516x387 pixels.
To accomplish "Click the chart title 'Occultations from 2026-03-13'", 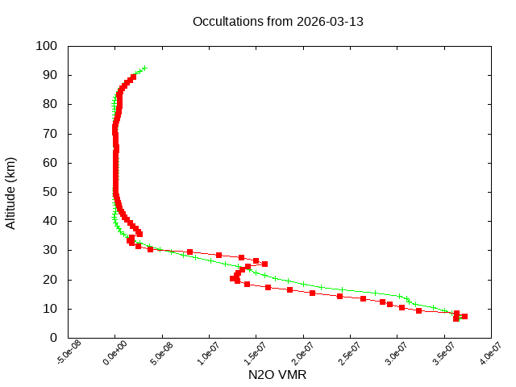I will point(278,21).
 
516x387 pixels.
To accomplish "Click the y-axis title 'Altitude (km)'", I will point(11,192).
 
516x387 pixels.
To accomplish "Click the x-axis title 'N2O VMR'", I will point(277,374).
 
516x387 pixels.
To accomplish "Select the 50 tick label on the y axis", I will point(49,192).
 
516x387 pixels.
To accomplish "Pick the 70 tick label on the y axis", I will point(49,134).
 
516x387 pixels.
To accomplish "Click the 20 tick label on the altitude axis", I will point(49,280).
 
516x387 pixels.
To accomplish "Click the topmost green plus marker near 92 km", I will point(145,69).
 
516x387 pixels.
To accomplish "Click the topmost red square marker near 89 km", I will point(134,77).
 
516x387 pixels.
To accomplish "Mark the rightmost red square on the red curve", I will point(464,316).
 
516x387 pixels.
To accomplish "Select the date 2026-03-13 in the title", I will point(330,21).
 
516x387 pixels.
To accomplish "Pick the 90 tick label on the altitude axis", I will point(49,75).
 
